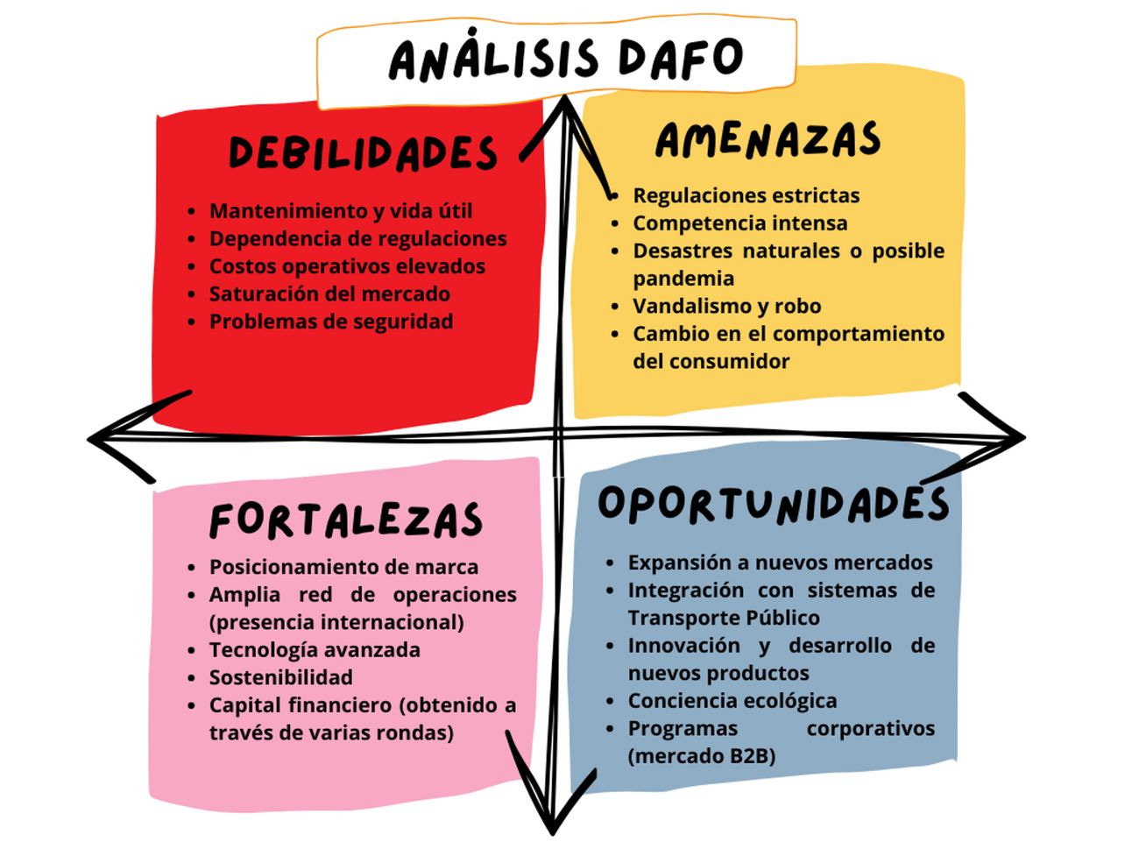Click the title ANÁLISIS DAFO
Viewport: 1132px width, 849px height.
point(565,59)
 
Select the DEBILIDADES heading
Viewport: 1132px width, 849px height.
point(363,153)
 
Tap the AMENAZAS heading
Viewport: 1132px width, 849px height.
point(768,141)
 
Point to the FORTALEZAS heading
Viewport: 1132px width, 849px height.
point(345,520)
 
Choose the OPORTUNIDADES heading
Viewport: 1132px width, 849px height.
point(773,504)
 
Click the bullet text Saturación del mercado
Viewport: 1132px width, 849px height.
point(329,294)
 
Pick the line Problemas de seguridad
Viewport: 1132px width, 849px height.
point(331,322)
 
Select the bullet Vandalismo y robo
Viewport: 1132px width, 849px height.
point(726,306)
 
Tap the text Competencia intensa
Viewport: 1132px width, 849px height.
point(739,223)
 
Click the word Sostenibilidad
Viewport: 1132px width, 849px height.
point(280,677)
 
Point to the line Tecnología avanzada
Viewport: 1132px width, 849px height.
point(315,649)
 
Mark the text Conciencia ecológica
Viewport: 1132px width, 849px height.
point(732,701)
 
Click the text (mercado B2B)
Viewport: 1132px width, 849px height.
point(701,755)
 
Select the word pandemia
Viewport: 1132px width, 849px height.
point(683,278)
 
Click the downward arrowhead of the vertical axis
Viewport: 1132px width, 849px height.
point(551,819)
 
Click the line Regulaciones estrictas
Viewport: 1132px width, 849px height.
point(746,195)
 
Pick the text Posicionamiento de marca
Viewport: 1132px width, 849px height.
point(343,567)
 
